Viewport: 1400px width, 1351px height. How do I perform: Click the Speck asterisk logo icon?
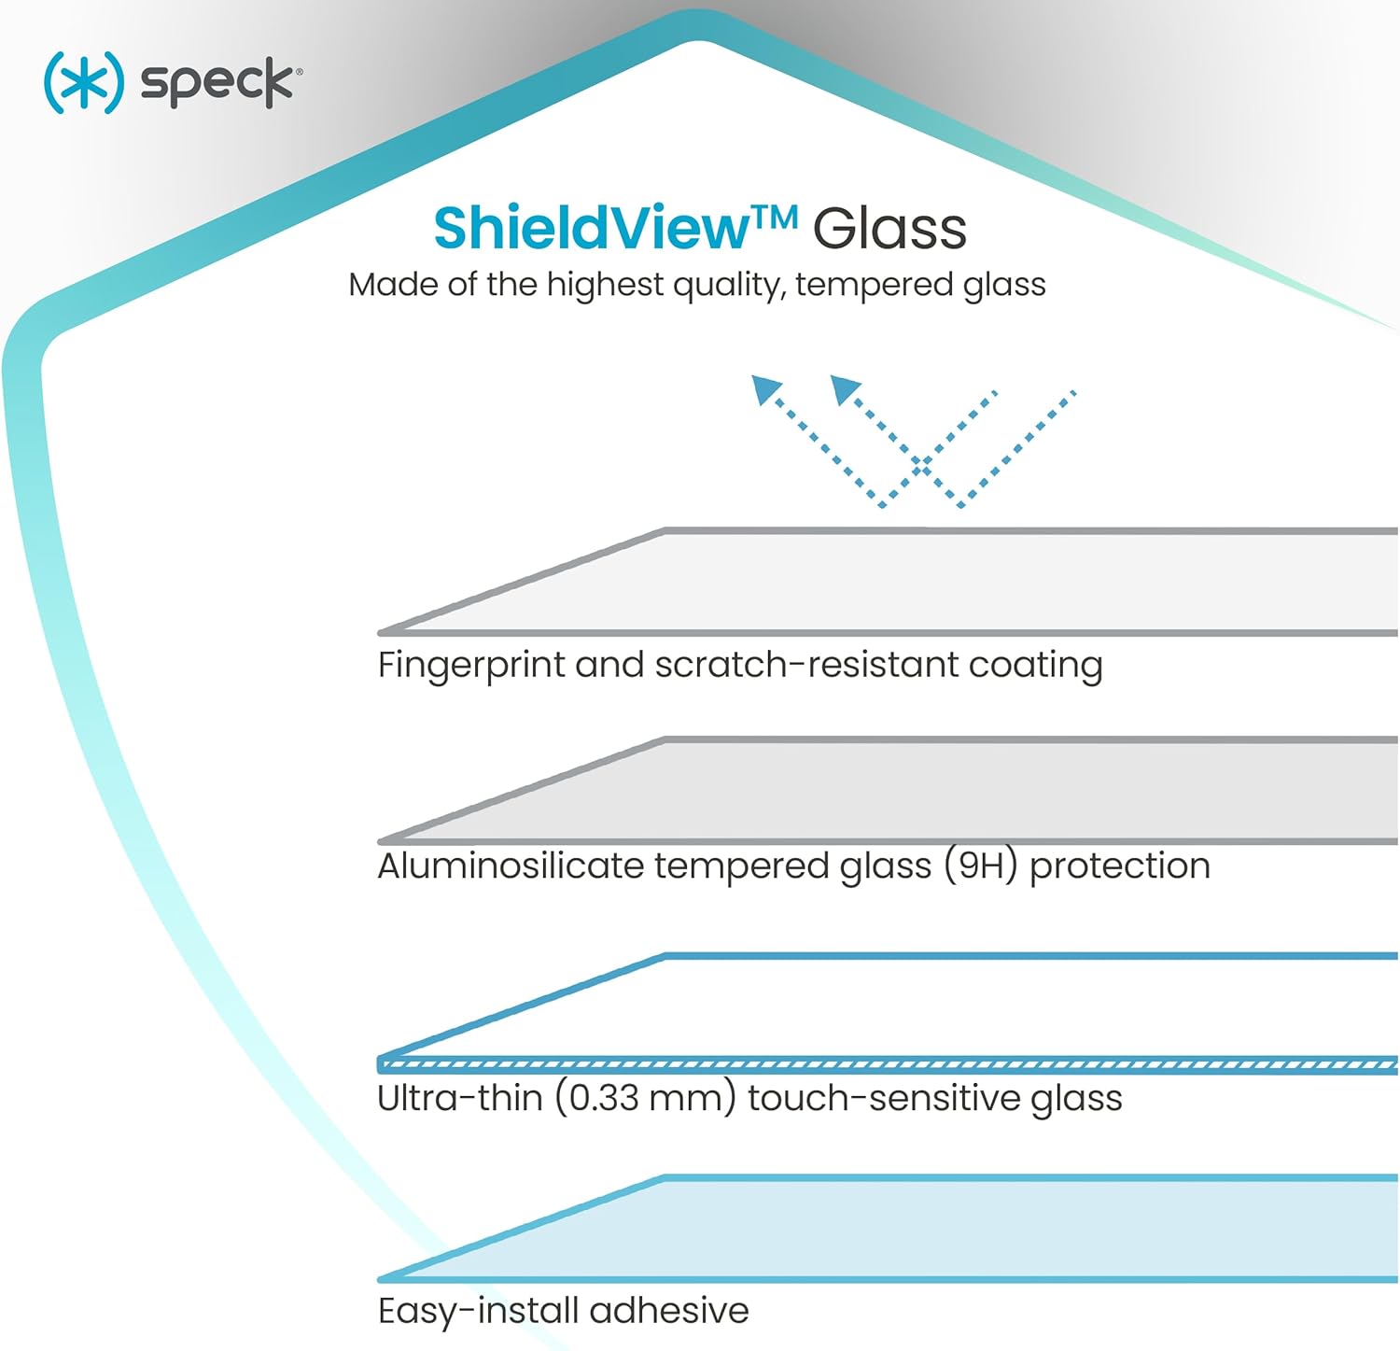click(x=83, y=82)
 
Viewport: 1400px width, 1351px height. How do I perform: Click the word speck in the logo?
click(x=217, y=83)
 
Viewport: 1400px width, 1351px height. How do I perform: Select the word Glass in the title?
click(x=889, y=228)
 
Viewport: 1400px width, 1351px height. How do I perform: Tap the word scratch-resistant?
click(x=805, y=665)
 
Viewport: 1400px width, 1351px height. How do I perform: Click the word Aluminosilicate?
click(x=510, y=865)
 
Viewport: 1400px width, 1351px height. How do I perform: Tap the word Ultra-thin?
click(x=460, y=1098)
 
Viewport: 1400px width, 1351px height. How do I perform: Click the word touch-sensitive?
click(x=884, y=1098)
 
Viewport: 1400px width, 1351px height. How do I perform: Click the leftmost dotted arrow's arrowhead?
click(x=765, y=388)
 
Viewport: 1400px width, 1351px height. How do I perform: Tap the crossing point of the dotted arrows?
click(x=922, y=467)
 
